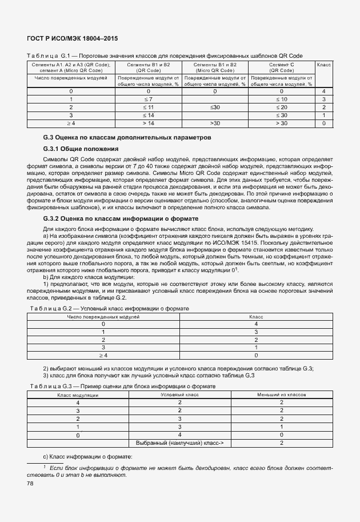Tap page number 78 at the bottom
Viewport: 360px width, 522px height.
tap(30, 484)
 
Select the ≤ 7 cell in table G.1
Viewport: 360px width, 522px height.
tap(149, 99)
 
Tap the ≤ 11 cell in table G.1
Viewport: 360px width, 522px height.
tap(149, 107)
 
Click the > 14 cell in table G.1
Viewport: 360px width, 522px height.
tap(149, 123)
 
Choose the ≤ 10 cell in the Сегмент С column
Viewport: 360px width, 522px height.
tap(281, 99)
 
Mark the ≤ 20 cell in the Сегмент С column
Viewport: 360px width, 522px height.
tap(281, 107)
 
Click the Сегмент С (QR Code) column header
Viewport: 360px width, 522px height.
tap(281, 67)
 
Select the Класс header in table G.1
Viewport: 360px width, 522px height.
tap(323, 65)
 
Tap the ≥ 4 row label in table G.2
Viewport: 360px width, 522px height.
tap(103, 355)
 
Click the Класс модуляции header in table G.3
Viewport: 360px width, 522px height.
tap(78, 395)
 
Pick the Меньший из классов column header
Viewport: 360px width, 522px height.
tap(281, 395)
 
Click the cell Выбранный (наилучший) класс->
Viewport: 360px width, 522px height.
tap(179, 443)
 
